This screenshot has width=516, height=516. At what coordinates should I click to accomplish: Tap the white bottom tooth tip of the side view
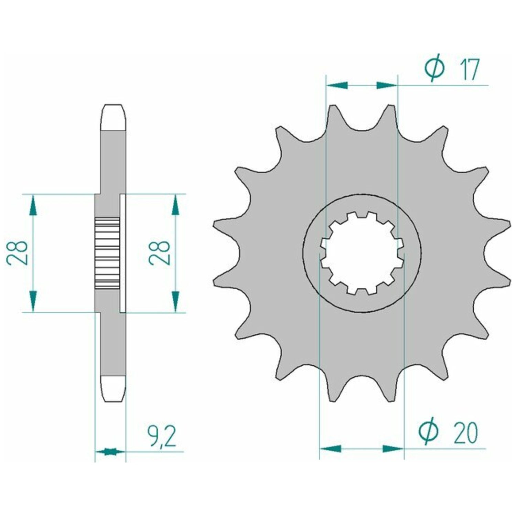114,389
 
